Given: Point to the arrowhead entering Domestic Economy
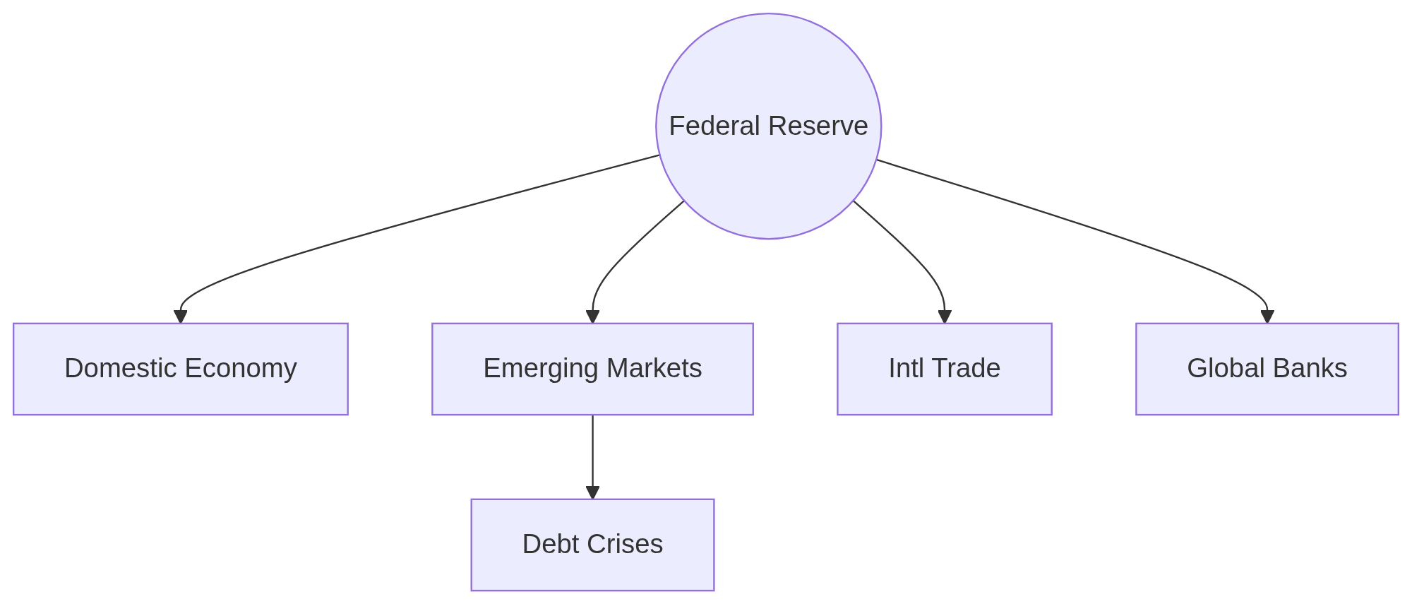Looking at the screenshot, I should pos(181,316).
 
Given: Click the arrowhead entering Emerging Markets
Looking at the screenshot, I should pos(592,316).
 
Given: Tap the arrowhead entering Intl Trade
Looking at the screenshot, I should pos(945,316).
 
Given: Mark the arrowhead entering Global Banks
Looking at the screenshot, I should pos(1267,316).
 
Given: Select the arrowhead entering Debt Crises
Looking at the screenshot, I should pos(592,492).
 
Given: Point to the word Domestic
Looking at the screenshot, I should pos(120,368).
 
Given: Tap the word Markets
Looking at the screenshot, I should pos(654,368).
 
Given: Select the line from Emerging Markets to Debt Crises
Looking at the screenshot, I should pos(592,452).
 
